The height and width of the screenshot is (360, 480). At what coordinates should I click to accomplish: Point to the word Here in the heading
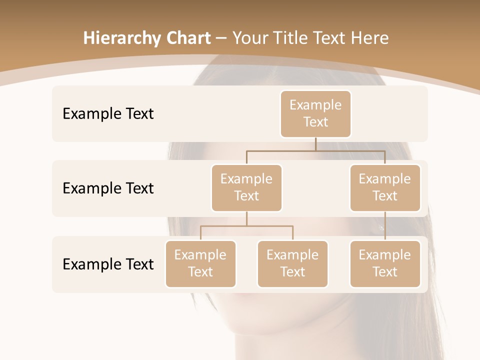pyautogui.click(x=370, y=38)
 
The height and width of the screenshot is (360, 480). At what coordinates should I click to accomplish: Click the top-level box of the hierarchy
pyautogui.click(x=315, y=114)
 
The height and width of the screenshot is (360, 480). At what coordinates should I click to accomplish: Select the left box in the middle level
pyautogui.click(x=246, y=188)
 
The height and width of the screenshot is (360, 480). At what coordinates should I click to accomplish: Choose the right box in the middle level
pyautogui.click(x=385, y=188)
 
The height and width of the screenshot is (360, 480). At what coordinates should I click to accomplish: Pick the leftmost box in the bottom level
pyautogui.click(x=200, y=264)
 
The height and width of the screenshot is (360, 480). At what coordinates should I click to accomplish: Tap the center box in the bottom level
pyautogui.click(x=292, y=264)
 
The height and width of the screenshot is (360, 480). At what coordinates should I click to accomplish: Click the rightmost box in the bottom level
pyautogui.click(x=385, y=264)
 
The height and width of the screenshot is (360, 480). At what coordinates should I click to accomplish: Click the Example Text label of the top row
pyautogui.click(x=108, y=114)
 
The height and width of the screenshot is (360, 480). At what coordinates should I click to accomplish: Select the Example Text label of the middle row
pyautogui.click(x=108, y=188)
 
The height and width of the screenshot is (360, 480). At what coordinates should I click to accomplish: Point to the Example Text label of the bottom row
pyautogui.click(x=108, y=264)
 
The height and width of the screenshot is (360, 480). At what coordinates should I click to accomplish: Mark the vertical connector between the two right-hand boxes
pyautogui.click(x=385, y=226)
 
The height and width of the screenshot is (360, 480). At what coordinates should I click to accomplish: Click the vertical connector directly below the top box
pyautogui.click(x=315, y=144)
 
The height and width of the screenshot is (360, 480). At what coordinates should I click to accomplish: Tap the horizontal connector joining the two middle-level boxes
pyautogui.click(x=315, y=150)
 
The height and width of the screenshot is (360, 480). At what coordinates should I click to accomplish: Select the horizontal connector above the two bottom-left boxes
pyautogui.click(x=246, y=226)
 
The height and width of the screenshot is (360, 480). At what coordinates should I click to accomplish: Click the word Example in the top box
pyautogui.click(x=315, y=105)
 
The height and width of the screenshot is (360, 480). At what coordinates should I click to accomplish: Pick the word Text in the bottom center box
pyautogui.click(x=292, y=272)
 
